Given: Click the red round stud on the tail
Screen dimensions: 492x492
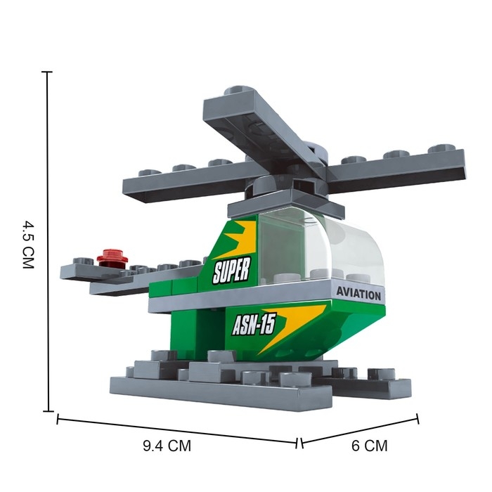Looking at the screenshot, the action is [x=112, y=258].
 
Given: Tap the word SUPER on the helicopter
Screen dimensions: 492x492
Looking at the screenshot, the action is [x=231, y=270].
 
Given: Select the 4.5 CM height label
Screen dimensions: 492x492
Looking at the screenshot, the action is [x=28, y=245].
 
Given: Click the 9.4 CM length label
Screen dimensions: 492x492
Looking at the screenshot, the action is [x=167, y=446].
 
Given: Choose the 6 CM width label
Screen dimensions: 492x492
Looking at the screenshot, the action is [x=369, y=446].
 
